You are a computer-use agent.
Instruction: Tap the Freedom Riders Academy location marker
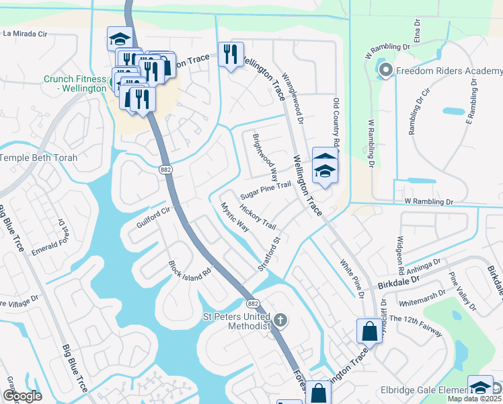click(x=386, y=70)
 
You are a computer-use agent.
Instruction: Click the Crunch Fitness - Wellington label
click(x=75, y=83)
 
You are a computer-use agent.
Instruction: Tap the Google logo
click(x=23, y=395)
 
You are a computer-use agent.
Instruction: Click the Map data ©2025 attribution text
click(x=474, y=399)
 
